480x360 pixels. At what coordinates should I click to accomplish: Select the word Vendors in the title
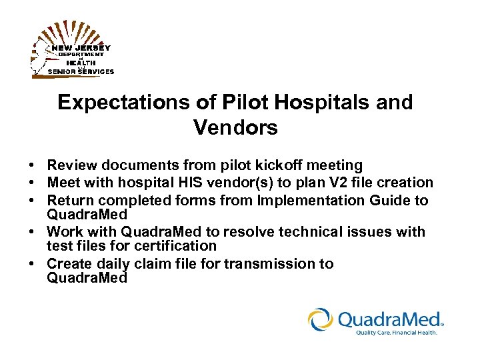point(235,127)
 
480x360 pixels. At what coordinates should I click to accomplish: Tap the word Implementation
point(309,200)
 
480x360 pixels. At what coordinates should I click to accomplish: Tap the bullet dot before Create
point(32,264)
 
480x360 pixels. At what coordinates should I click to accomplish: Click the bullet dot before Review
point(32,165)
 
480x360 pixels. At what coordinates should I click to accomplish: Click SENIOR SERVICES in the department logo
point(81,71)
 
